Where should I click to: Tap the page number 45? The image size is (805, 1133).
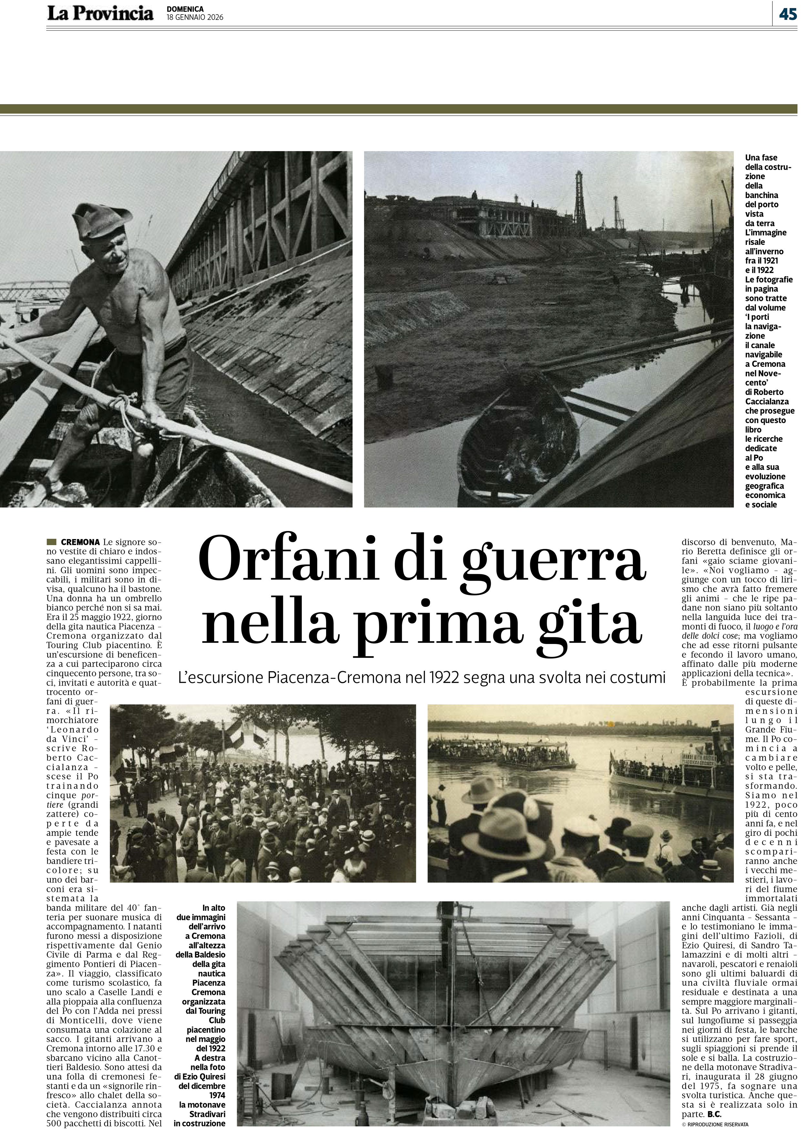coord(788,15)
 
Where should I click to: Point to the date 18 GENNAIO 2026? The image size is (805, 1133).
coord(195,17)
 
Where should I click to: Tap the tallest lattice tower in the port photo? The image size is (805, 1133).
coord(579,201)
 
